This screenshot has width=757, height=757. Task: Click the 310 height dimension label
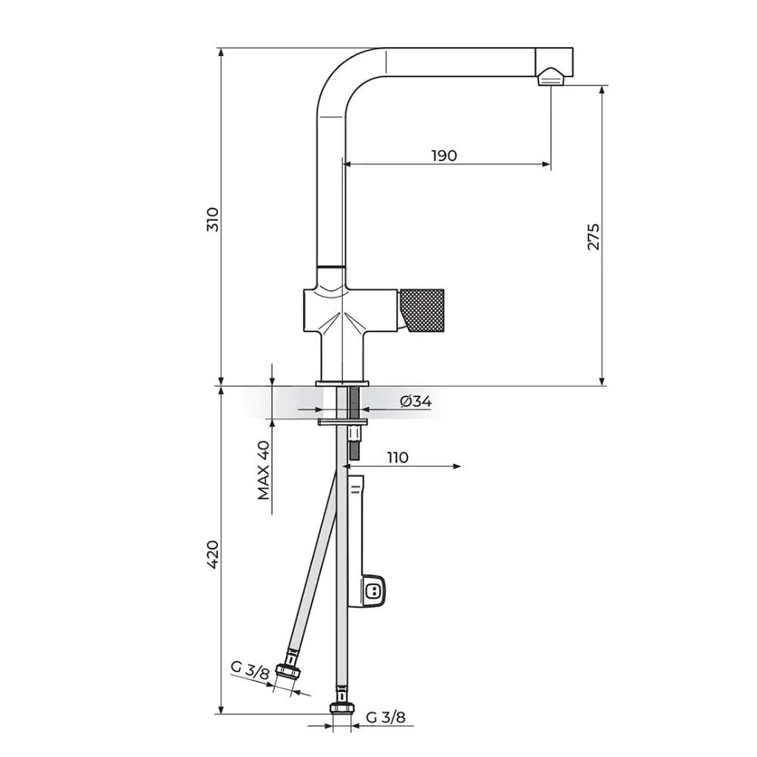click(x=213, y=220)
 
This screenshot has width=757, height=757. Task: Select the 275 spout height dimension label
click(x=593, y=236)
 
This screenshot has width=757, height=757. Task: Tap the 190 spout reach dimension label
click(x=444, y=155)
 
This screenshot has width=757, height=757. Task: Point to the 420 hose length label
click(x=213, y=554)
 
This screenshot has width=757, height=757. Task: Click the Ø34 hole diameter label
click(x=416, y=401)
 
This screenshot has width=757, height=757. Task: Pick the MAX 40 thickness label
click(x=263, y=470)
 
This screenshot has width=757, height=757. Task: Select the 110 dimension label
click(x=397, y=457)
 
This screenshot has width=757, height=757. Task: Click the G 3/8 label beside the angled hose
click(x=250, y=670)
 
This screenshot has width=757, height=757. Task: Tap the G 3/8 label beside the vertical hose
click(x=386, y=718)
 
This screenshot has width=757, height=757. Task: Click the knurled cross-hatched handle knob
click(x=422, y=310)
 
